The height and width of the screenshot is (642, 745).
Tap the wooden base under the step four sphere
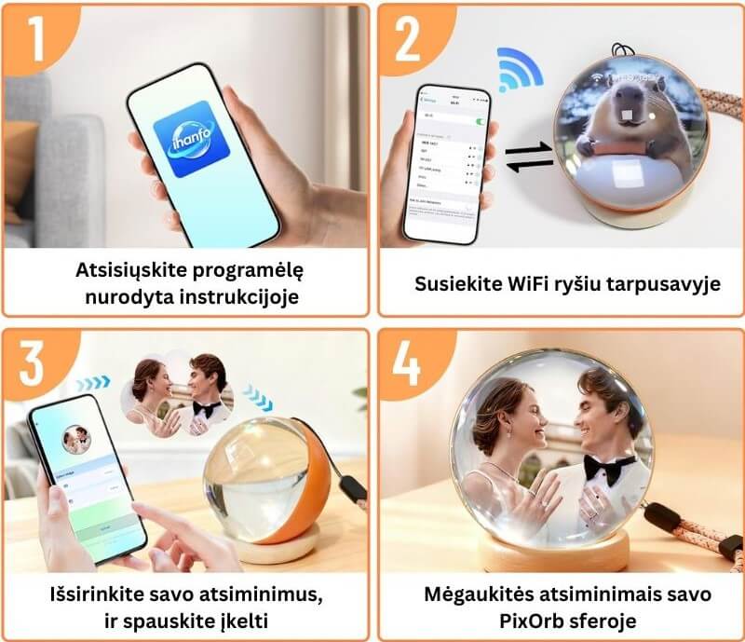pos(553,555)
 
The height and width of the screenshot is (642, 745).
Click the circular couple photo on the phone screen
pos(75,439)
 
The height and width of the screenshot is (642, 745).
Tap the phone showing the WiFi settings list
pos(445,163)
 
